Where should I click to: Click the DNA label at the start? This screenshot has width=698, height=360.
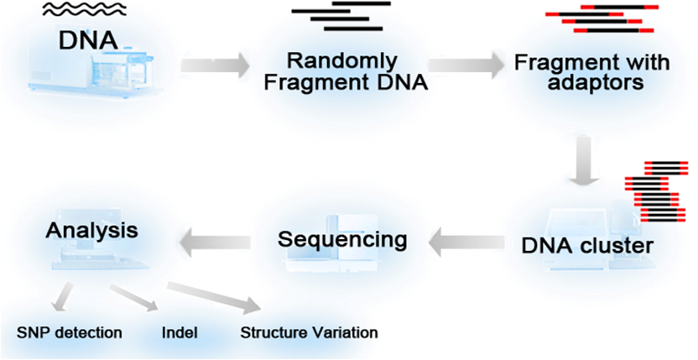[89, 39]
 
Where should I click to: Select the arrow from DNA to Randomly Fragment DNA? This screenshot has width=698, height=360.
[216, 65]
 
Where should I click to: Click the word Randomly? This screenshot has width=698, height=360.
[341, 61]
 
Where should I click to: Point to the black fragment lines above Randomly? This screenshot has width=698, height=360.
[341, 16]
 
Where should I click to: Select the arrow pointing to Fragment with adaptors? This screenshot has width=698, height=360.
[465, 65]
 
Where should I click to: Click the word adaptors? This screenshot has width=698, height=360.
[595, 82]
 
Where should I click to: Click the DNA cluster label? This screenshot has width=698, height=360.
[587, 246]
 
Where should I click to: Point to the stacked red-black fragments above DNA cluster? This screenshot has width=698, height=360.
[657, 191]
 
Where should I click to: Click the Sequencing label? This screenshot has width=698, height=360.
[342, 241]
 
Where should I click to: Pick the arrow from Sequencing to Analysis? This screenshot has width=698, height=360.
[215, 242]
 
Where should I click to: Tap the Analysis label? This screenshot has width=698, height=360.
[92, 231]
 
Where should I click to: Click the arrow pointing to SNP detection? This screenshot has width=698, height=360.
[60, 296]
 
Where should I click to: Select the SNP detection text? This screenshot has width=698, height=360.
[69, 333]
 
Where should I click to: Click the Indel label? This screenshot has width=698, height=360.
[180, 333]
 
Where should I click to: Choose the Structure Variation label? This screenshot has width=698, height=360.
[309, 333]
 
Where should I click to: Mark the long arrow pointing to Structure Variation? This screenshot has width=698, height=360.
[214, 297]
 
